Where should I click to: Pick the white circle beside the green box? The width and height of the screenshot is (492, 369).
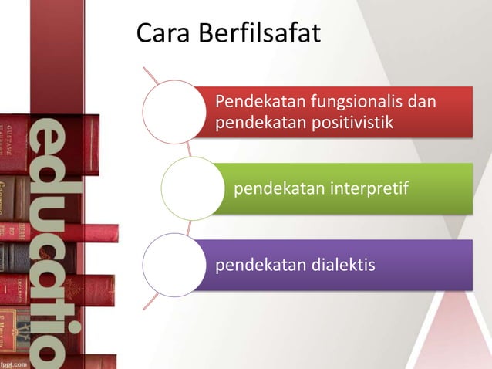190,188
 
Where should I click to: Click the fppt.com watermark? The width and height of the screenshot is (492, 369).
15,361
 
